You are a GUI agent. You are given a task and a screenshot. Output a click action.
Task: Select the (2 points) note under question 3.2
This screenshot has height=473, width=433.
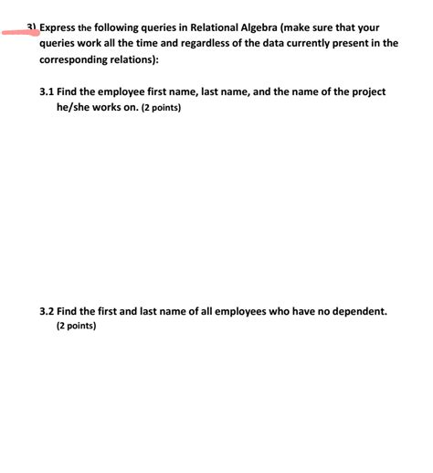[76, 327]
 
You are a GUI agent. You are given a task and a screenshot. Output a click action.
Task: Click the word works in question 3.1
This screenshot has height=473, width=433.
[110, 108]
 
